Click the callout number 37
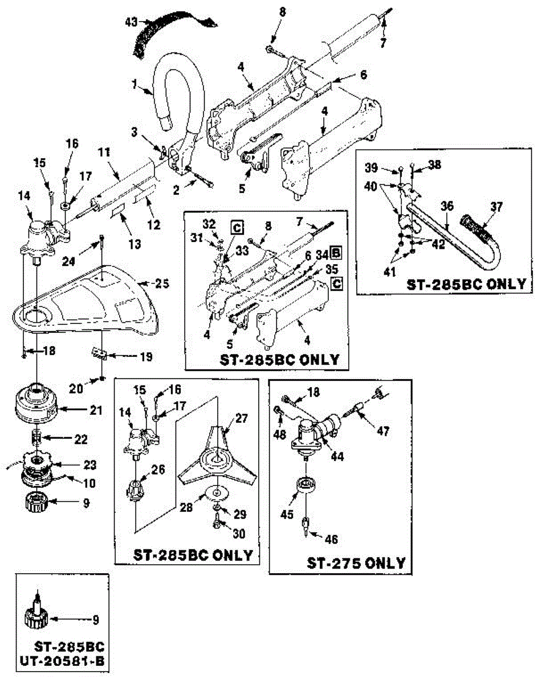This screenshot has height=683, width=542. click(496, 207)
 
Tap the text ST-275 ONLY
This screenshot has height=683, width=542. click(356, 563)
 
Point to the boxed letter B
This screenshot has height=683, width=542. click(336, 252)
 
